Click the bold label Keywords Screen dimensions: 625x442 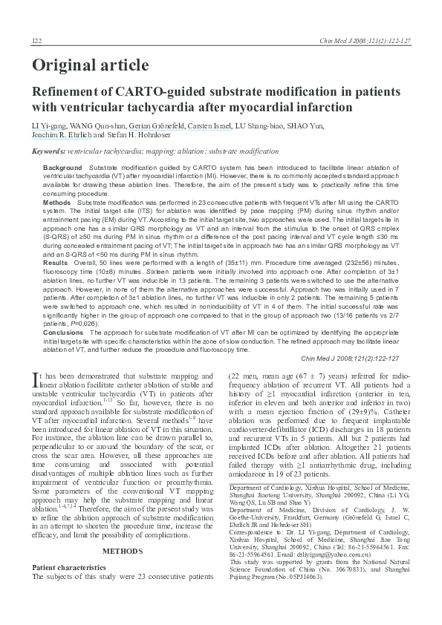point(48,151)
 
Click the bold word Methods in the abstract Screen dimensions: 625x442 point(57,202)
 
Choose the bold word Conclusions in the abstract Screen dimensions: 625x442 point(63,332)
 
